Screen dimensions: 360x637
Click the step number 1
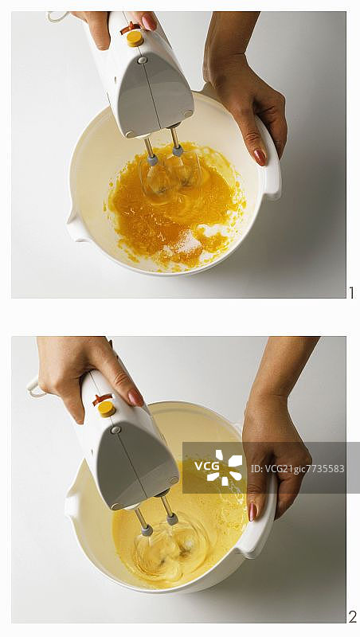click(351, 292)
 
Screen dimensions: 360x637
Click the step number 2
click(352, 617)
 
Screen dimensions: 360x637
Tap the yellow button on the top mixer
click(135, 37)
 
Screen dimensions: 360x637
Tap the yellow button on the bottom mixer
click(107, 408)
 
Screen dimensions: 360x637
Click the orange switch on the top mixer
click(130, 28)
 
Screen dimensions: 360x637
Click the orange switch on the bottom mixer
click(102, 399)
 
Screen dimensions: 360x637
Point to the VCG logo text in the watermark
click(206, 466)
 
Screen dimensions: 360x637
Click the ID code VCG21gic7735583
click(297, 469)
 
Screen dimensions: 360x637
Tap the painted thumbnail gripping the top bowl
click(260, 157)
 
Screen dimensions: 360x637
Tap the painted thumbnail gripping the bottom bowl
click(252, 512)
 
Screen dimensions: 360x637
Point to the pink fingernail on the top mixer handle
click(149, 21)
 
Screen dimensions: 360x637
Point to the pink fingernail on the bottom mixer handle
click(135, 398)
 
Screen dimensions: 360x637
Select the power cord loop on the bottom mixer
click(36, 387)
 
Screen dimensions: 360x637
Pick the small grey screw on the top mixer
click(142, 61)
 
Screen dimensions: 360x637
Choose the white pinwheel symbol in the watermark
click(229, 467)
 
